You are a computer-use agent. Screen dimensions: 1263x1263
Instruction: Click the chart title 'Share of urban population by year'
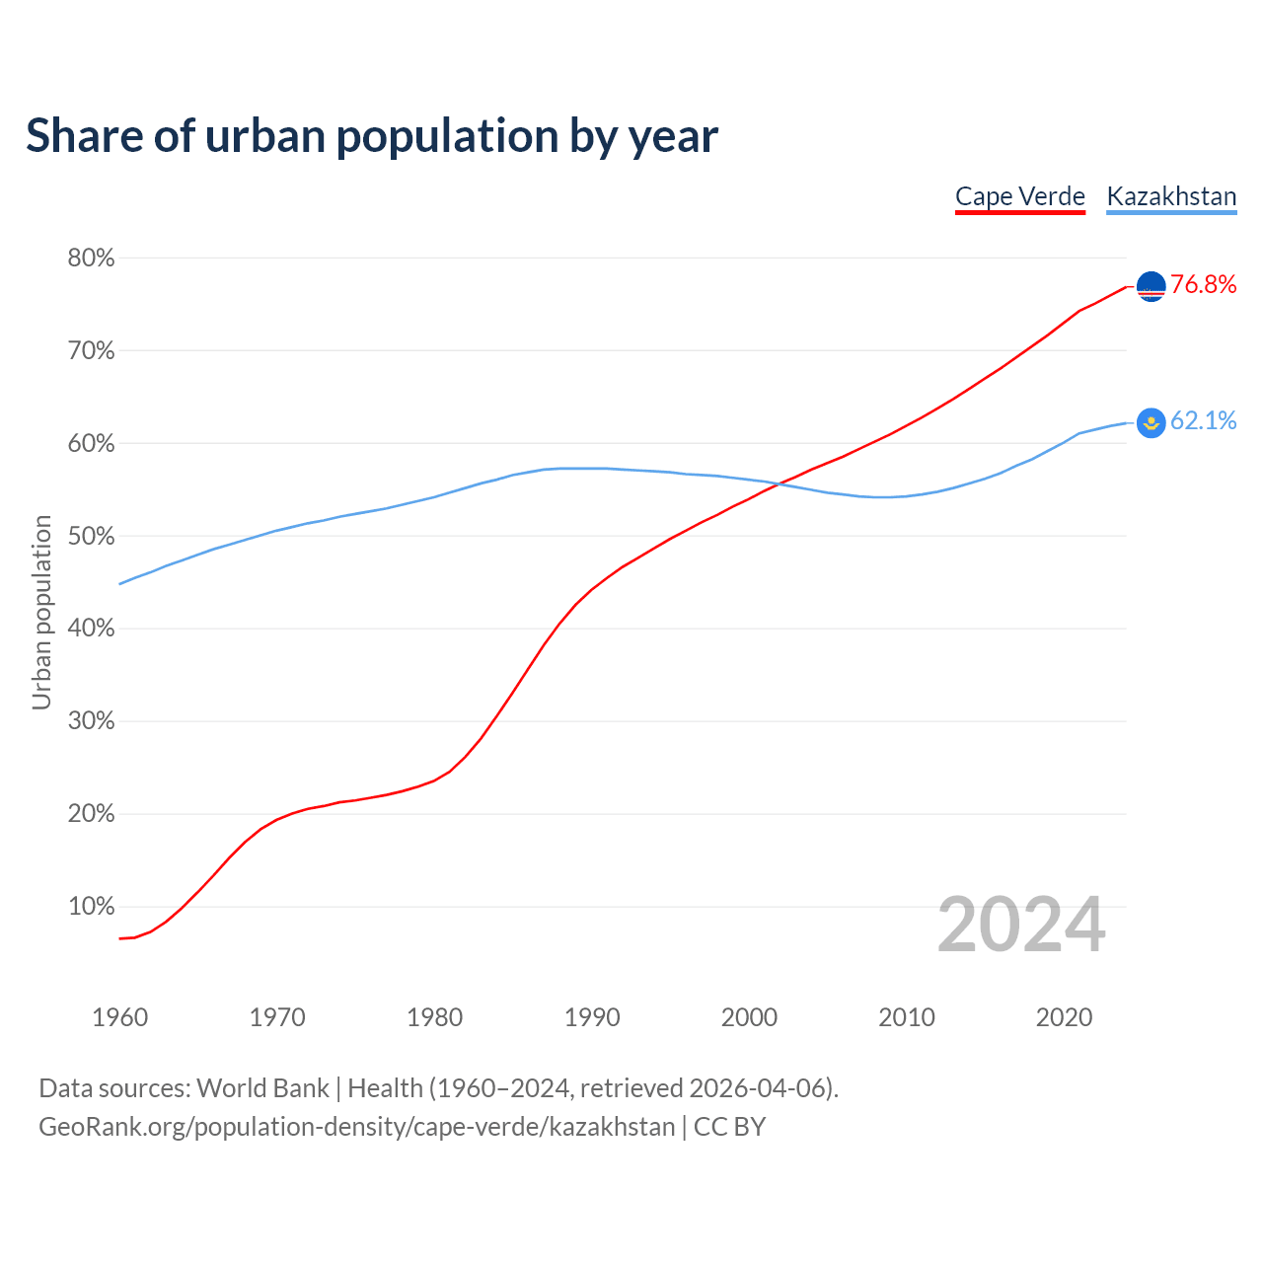point(372,136)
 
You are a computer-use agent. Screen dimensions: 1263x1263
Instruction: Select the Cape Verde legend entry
point(1020,196)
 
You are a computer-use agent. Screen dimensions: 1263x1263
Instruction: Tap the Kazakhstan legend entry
point(1171,196)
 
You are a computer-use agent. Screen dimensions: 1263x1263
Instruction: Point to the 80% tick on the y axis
point(91,259)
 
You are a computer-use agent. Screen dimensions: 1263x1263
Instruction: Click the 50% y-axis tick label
point(91,537)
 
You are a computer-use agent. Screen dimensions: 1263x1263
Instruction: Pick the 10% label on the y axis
point(91,907)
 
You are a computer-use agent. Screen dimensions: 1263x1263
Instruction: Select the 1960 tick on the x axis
point(119,1017)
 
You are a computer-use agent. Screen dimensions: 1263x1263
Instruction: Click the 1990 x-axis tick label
point(592,1017)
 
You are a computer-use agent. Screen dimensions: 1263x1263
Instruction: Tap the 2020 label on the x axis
point(1064,1017)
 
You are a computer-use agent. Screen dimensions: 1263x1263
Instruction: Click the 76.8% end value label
point(1203,285)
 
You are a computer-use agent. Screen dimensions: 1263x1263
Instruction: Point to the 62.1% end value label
point(1203,421)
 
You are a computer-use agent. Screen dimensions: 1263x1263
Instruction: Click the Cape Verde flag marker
point(1152,286)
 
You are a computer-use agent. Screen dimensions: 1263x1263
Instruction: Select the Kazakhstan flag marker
point(1152,422)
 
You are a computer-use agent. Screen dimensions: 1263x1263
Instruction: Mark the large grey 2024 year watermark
point(1021,926)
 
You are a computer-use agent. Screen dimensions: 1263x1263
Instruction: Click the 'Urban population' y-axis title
point(41,612)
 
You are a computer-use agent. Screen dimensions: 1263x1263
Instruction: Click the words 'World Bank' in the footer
point(262,1088)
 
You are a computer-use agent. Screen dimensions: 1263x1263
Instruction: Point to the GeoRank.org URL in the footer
point(356,1127)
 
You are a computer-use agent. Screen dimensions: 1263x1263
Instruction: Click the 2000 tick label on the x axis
point(749,1017)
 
